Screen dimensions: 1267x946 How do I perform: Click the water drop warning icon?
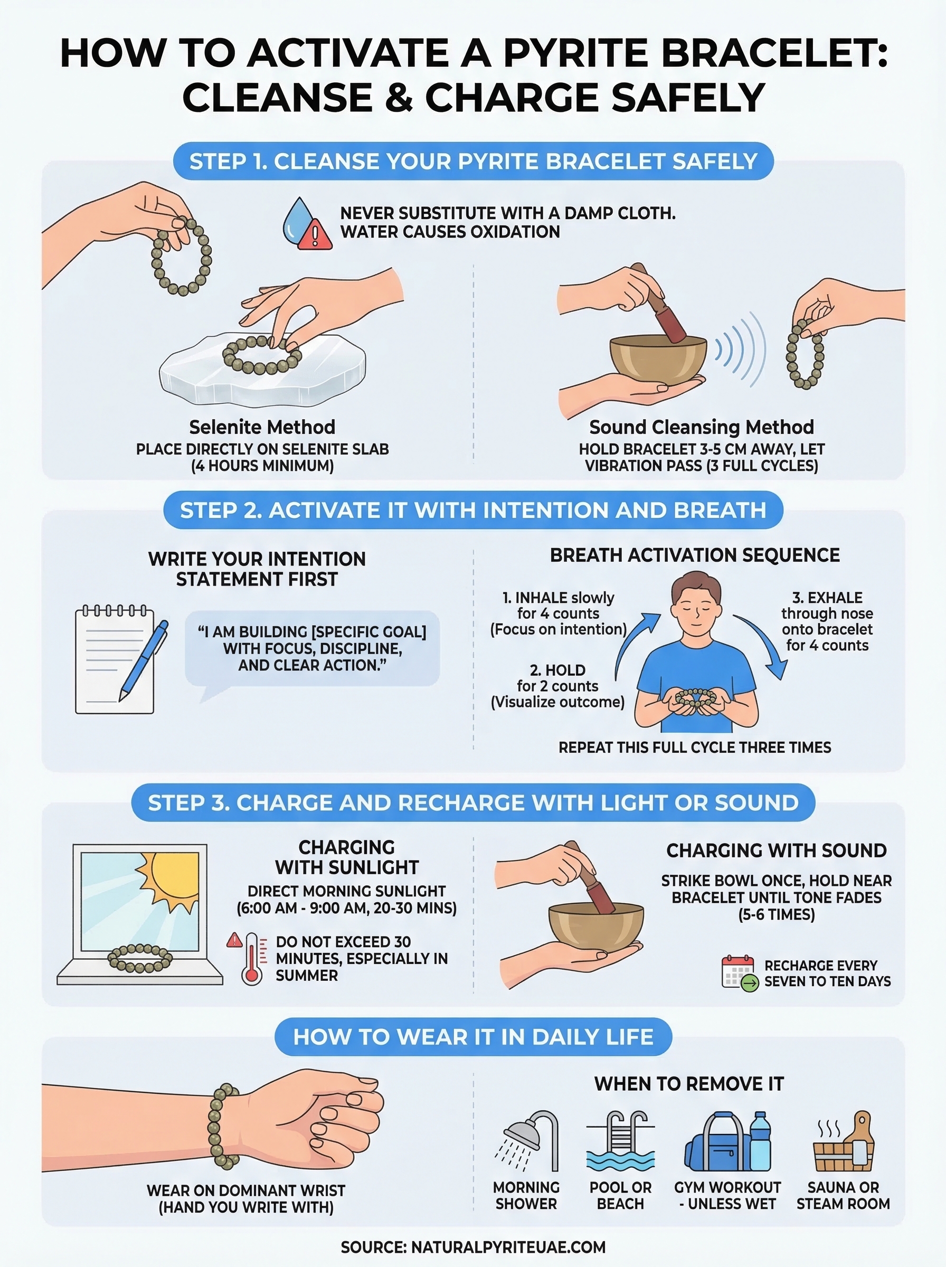(x=306, y=224)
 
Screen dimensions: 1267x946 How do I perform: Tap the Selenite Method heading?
(x=262, y=427)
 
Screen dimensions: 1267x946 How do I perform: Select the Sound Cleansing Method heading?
(x=702, y=427)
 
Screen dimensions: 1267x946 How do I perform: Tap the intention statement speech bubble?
(x=312, y=648)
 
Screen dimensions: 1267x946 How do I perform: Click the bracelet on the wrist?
(x=224, y=1126)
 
